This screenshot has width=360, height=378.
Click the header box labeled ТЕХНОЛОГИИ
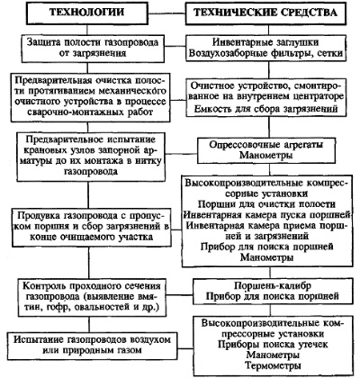click(x=87, y=13)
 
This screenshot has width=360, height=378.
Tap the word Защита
click(x=41, y=42)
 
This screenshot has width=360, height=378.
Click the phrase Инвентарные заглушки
click(x=265, y=42)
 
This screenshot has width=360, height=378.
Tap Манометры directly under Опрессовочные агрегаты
click(x=266, y=156)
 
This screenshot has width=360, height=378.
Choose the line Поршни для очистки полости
click(x=266, y=204)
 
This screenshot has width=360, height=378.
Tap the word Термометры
click(x=273, y=366)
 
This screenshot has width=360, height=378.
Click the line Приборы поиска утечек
click(x=273, y=345)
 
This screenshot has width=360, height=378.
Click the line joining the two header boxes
click(x=166, y=13)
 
